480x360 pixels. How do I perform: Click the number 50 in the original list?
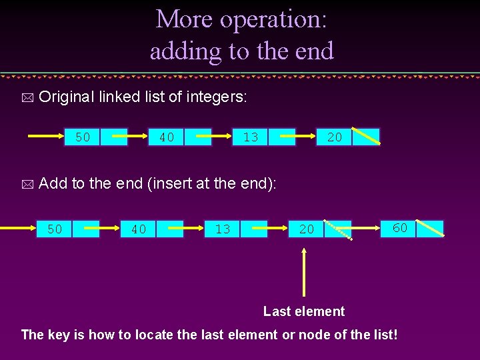pos(83,137)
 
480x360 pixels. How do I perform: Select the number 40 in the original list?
pos(167,137)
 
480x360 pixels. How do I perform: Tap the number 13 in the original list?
pos(251,137)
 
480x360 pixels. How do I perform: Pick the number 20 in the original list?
pos(335,137)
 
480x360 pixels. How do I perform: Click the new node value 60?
pos(400,228)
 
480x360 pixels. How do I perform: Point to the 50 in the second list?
pos(55,229)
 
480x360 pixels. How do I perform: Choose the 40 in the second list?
pos(139,229)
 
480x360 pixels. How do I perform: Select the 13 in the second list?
pos(223,229)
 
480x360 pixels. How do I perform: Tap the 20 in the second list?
pos(307,229)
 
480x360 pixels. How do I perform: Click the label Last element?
pos(304,311)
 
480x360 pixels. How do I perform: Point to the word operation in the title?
pos(273,20)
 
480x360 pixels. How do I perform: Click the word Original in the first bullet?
pos(66,97)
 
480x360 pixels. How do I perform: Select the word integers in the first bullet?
pos(217,97)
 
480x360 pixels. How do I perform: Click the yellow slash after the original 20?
pos(366,136)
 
